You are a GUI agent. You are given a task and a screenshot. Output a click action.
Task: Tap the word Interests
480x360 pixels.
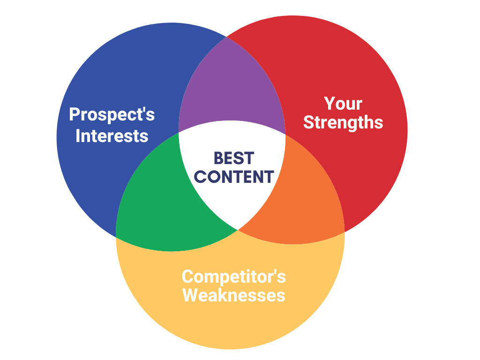[x=112, y=136]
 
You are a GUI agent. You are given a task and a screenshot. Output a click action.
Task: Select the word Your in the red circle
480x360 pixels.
[x=343, y=104]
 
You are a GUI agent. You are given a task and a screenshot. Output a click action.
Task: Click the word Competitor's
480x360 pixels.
[x=233, y=277]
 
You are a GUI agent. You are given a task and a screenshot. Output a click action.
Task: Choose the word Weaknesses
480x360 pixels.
[x=233, y=295]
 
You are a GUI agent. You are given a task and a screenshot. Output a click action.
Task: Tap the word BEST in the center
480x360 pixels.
[x=234, y=158]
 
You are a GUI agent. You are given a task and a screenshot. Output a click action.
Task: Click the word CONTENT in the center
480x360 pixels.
[x=234, y=177]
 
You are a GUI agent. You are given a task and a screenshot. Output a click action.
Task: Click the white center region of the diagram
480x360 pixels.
[x=232, y=172]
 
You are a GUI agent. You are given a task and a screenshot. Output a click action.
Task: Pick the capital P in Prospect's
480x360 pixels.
[x=75, y=114]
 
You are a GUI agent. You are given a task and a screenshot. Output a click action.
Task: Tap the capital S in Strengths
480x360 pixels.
[x=309, y=122]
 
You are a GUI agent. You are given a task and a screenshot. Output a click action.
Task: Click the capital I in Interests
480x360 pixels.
[x=78, y=136]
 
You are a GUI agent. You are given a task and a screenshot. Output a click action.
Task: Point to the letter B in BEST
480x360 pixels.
[x=219, y=158]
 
